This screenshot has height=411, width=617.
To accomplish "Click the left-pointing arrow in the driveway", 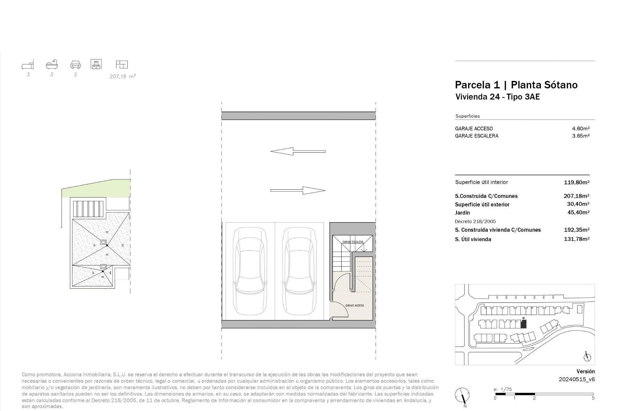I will coord(298,151).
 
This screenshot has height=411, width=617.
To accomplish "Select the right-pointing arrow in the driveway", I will coord(298,190).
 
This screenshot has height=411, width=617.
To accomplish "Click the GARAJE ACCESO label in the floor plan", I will coord(354,305).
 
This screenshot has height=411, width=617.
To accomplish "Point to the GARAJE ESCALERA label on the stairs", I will coord(353,242).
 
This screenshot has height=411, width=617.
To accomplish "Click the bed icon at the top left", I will coord(28,65).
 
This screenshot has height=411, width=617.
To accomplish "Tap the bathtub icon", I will coord(52,65).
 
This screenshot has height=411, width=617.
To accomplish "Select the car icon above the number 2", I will coord(76,65).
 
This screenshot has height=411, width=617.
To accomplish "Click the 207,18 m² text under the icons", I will coord(123,76).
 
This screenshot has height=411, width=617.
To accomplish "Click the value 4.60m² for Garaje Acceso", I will coord(581,128).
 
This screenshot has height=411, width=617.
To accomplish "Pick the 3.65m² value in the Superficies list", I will coord(581,136).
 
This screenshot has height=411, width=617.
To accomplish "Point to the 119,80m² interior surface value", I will coord(577,182).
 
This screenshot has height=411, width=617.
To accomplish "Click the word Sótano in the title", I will coord(560,85).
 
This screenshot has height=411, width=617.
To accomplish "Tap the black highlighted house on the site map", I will coord(523,324).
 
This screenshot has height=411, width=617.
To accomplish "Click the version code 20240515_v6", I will coord(577,379).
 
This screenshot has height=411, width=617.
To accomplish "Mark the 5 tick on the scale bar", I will coord(593,398).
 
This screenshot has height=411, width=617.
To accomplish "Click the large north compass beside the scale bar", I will coord(462,395).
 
